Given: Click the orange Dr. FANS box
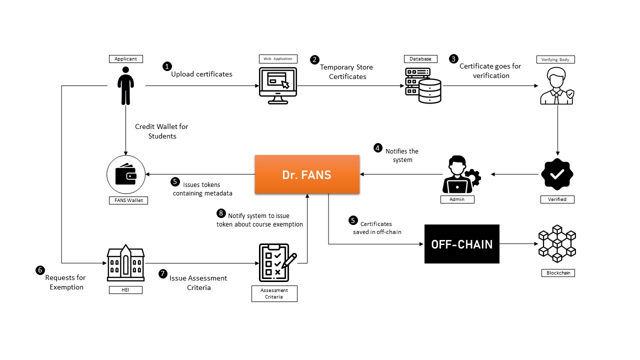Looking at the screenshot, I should point(307,174).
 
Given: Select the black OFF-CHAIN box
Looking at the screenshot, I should point(461,244).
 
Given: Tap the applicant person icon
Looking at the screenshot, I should point(125,86).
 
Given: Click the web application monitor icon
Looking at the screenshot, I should point(277,85).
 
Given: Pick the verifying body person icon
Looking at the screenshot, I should point(556,86).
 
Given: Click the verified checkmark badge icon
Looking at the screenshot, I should point(557,174).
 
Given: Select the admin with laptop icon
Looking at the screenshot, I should point(460,175).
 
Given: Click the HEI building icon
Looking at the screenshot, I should point(125,263).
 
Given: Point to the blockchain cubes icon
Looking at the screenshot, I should point(557,243).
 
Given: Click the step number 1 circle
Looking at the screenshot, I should point(167,66).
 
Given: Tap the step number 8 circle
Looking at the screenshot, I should point(221,213).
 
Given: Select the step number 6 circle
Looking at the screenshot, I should point(40,270).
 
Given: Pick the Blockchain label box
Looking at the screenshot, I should point(558,273).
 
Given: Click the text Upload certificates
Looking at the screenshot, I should point(201,74).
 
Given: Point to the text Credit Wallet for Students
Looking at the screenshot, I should point(161,131).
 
